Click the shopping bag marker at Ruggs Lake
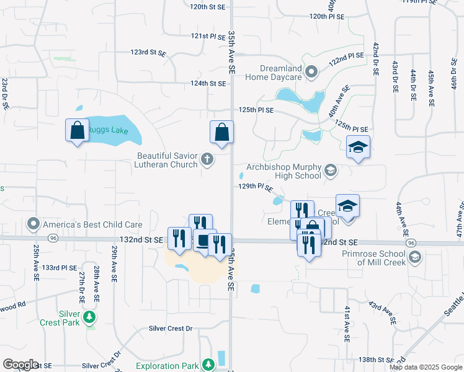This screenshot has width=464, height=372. point(77,131)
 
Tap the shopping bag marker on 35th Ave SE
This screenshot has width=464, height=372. point(221,132)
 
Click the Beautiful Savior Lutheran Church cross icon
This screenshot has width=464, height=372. point(207,160)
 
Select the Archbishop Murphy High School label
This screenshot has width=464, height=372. point(283,171)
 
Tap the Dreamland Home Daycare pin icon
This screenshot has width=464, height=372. point(312,72)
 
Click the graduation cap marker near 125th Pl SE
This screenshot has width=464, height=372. point(358,147)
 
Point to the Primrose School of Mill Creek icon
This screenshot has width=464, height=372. point(414,257)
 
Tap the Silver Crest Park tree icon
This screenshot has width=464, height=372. point(91,317)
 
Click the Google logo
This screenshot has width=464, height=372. point(20,364)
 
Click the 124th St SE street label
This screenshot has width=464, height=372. point(208,83)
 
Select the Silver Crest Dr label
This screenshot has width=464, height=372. point(171,328)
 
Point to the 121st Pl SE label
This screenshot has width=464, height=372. point(208,36)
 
